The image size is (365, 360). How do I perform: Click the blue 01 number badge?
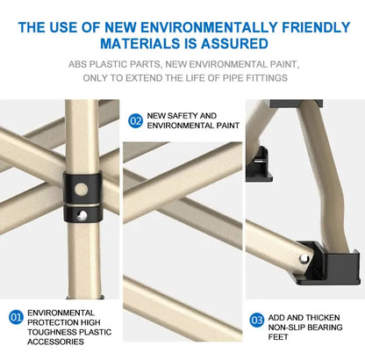(x=16, y=317)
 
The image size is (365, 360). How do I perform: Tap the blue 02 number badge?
(x=135, y=120)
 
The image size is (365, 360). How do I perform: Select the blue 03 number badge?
(x=257, y=320)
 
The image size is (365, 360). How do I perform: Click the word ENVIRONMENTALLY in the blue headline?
(x=209, y=27)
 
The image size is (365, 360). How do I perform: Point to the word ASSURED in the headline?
(x=234, y=44)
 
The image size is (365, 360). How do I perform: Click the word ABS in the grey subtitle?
(x=77, y=64)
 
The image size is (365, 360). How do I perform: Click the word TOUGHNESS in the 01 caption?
(x=50, y=332)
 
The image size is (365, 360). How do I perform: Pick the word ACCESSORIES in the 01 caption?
(x=55, y=342)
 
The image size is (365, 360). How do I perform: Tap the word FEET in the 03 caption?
(x=278, y=337)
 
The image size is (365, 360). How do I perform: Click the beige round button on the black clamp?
(x=82, y=190)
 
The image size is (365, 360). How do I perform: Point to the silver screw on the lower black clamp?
(x=82, y=216)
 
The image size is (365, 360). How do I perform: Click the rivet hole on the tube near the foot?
(x=304, y=259)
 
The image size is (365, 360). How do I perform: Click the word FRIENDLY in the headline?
(x=316, y=27)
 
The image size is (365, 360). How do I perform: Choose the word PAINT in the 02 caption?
(x=228, y=126)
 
